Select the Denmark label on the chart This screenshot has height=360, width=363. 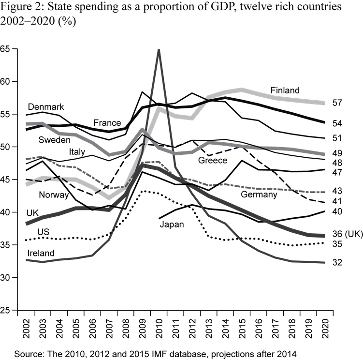46,106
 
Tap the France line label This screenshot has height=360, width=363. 107,122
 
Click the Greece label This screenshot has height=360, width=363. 213,160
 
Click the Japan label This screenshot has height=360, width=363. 172,224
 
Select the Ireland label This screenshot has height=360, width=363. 41,253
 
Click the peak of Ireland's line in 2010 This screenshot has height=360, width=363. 158,50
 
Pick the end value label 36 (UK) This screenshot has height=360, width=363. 348,234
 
